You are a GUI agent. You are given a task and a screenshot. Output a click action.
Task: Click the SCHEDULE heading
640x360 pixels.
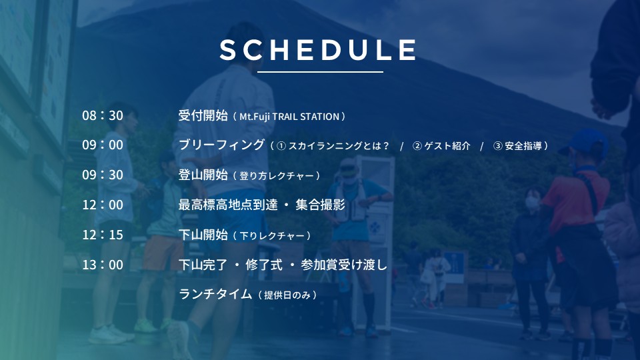click(318, 50)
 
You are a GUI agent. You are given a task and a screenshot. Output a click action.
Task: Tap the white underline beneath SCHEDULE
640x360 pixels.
click(320, 72)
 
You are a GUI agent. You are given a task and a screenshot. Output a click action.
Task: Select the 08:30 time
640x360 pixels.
click(103, 115)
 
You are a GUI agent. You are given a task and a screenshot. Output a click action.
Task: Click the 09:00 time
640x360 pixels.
click(103, 145)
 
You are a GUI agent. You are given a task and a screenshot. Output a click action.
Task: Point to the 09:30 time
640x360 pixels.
click(103, 175)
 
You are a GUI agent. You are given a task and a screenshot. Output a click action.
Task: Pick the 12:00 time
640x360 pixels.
click(103, 205)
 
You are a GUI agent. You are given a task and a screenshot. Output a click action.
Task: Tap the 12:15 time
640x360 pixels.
click(103, 235)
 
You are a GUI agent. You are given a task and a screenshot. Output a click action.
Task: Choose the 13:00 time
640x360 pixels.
click(103, 265)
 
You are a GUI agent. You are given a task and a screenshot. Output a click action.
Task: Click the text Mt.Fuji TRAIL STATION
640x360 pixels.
click(289, 117)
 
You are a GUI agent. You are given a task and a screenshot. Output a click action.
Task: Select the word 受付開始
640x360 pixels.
click(203, 115)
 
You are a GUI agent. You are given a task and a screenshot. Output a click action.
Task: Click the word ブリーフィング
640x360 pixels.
click(221, 145)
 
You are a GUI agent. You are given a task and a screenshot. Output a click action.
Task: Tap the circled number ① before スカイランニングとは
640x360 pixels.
click(281, 146)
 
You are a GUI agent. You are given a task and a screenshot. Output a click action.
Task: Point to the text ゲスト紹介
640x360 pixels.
click(447, 146)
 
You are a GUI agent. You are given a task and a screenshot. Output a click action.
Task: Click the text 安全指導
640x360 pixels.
click(523, 146)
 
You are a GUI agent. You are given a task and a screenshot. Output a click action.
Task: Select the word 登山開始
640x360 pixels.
click(203, 175)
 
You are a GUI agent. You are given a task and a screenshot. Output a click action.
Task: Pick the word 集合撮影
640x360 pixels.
click(321, 205)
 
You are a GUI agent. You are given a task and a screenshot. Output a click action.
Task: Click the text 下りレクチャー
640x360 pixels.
click(272, 236)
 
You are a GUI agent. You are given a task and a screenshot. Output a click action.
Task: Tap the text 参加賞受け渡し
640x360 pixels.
click(344, 265)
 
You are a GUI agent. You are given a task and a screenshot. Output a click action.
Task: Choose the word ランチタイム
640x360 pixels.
click(215, 294)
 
